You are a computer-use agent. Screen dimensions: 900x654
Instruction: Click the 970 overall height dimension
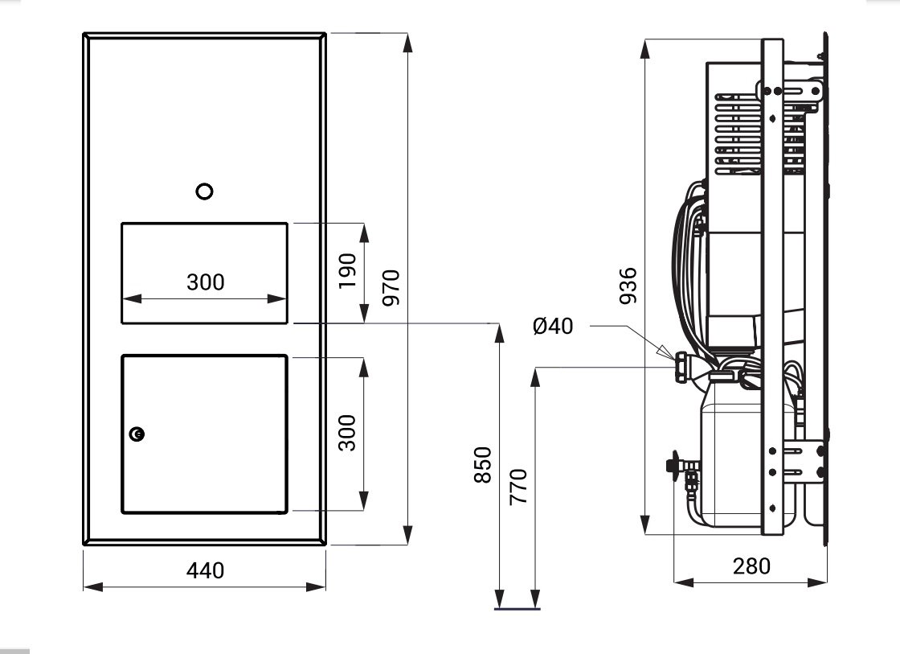click(391, 287)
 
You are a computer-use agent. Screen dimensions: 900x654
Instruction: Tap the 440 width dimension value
click(205, 570)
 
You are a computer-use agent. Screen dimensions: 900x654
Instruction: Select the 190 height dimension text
click(347, 271)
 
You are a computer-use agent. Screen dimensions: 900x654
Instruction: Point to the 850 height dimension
click(483, 464)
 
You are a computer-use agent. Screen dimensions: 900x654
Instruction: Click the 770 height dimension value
click(518, 487)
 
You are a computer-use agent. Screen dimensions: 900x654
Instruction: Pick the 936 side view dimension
click(628, 286)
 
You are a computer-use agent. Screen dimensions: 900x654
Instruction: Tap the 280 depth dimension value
click(751, 566)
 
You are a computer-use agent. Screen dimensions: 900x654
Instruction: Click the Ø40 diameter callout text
click(553, 327)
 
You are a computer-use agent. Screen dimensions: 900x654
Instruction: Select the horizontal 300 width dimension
click(206, 282)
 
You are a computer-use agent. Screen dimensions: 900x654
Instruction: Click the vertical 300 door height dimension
click(347, 433)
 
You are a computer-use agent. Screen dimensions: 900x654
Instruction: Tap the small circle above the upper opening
click(205, 191)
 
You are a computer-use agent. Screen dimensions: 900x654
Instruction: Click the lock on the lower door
click(137, 434)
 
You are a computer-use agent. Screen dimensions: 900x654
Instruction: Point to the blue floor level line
click(517, 608)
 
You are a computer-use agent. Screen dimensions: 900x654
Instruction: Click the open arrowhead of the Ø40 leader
click(664, 352)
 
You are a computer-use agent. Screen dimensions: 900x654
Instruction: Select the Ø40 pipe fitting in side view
click(682, 367)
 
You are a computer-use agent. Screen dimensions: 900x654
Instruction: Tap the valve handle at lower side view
click(673, 462)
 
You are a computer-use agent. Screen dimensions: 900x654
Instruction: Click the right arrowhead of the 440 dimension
click(317, 586)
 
